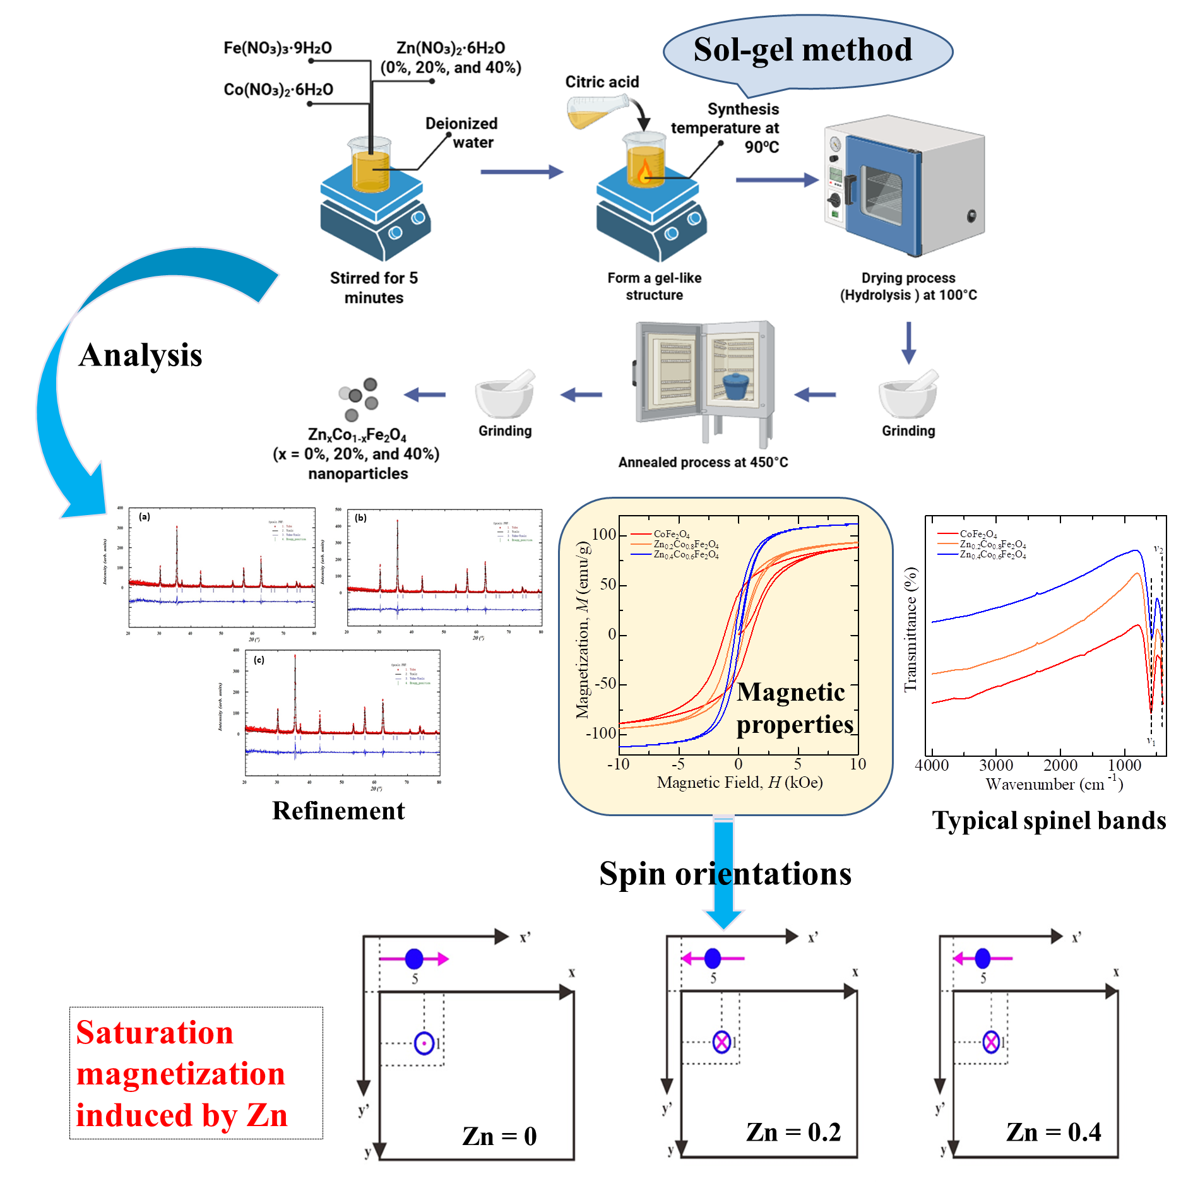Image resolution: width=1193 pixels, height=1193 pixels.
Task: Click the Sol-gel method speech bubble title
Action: click(x=802, y=50)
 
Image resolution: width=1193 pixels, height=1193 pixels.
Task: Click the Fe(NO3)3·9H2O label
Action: click(x=278, y=48)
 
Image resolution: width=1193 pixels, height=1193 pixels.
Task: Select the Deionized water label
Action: click(x=461, y=133)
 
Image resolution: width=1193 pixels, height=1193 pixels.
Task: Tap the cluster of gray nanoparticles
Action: click(x=359, y=398)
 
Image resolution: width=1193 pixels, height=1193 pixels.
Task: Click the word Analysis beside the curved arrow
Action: click(x=140, y=355)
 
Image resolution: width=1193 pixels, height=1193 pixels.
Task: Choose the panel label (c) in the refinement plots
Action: click(x=259, y=660)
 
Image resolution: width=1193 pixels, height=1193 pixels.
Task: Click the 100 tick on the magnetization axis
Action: click(x=603, y=535)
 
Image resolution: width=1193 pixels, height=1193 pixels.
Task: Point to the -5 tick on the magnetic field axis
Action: click(x=678, y=764)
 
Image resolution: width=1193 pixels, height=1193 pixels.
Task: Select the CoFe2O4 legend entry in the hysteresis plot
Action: click(x=671, y=535)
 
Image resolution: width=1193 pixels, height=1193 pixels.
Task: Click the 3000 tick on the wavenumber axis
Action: click(x=996, y=766)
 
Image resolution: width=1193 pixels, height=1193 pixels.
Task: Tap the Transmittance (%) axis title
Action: click(x=910, y=629)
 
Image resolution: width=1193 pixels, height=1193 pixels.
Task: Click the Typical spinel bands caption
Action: click(x=1048, y=821)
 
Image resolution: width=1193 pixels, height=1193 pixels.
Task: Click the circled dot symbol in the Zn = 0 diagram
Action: click(x=424, y=1043)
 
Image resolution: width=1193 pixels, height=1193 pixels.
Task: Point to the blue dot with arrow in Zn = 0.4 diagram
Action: click(x=983, y=958)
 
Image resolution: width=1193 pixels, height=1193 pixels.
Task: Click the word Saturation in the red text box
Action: click(x=155, y=1033)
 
